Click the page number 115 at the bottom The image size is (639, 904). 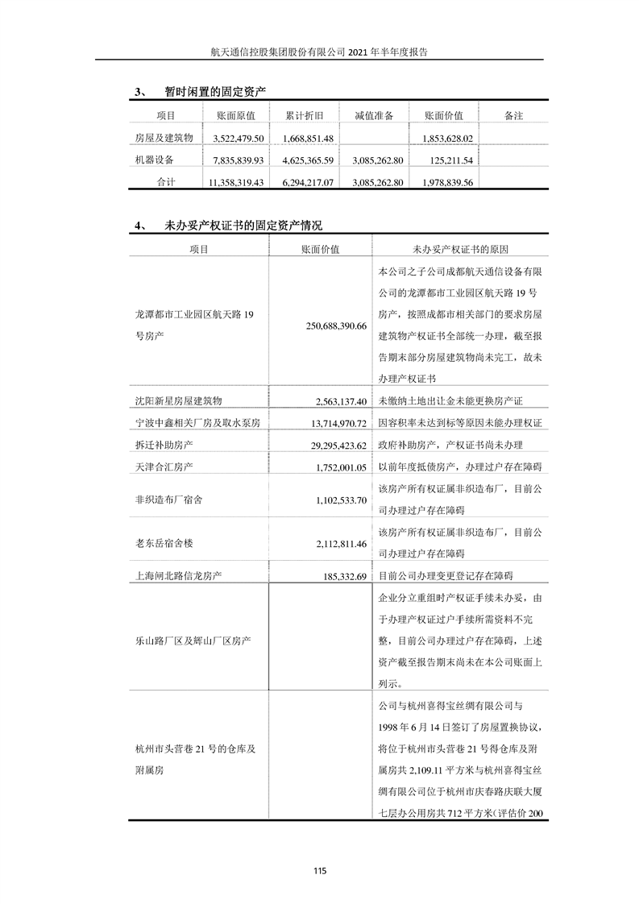tap(319, 870)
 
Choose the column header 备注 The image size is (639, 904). tap(513, 115)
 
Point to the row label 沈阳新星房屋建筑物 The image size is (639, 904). tap(178, 400)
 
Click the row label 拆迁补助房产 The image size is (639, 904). tap(164, 445)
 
